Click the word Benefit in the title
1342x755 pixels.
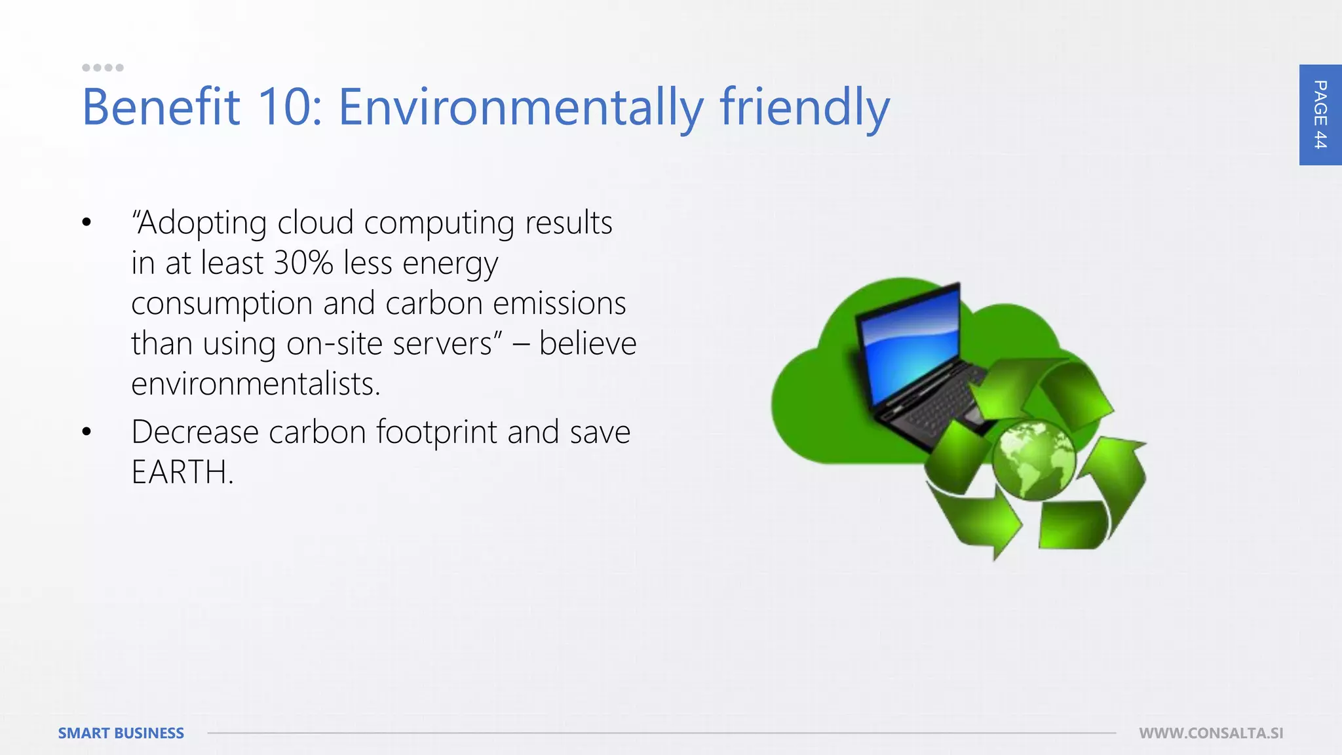[x=161, y=107]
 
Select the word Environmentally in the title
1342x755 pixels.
[x=521, y=107]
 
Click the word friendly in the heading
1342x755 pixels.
[x=805, y=107]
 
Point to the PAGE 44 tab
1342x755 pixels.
[x=1320, y=115]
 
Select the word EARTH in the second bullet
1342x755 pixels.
[x=181, y=472]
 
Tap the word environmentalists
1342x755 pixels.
[x=255, y=383]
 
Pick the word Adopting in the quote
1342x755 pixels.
[x=199, y=223]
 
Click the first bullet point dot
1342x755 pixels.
[x=86, y=223]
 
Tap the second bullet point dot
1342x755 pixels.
[x=86, y=432]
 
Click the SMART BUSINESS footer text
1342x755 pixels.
[x=121, y=733]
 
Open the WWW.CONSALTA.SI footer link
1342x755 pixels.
[x=1211, y=733]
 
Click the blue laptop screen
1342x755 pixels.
[x=911, y=347]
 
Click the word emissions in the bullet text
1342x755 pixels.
[x=559, y=303]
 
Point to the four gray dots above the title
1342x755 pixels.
[x=102, y=68]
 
